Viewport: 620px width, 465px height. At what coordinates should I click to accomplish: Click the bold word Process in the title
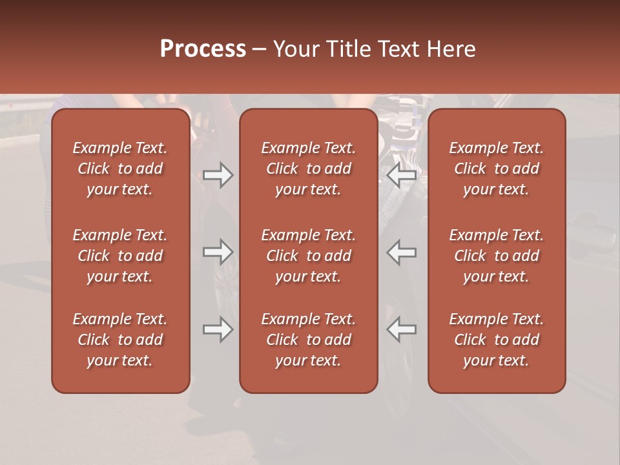click(203, 49)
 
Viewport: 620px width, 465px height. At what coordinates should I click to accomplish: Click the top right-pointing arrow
click(218, 175)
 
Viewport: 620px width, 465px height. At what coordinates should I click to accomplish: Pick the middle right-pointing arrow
click(218, 252)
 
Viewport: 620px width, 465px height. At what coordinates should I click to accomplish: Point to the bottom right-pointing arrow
click(218, 330)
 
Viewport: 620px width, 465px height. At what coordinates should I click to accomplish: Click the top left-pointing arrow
click(401, 175)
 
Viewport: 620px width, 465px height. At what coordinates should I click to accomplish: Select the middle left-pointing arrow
click(401, 252)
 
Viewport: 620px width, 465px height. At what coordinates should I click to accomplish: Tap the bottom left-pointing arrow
click(401, 330)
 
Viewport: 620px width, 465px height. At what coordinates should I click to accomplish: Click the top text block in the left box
click(120, 169)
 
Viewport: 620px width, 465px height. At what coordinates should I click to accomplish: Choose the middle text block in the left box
click(120, 256)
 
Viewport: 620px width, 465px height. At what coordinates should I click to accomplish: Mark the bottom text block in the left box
click(120, 340)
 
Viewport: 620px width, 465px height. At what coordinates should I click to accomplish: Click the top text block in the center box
click(308, 169)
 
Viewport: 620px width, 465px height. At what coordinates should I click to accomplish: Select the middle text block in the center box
click(308, 256)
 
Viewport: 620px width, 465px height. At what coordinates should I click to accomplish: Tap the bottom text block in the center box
click(308, 340)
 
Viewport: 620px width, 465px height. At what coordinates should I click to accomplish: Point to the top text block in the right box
click(496, 169)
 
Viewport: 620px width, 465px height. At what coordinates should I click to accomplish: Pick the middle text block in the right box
click(496, 256)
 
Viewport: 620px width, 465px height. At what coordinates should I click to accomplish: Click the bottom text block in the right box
click(496, 340)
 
